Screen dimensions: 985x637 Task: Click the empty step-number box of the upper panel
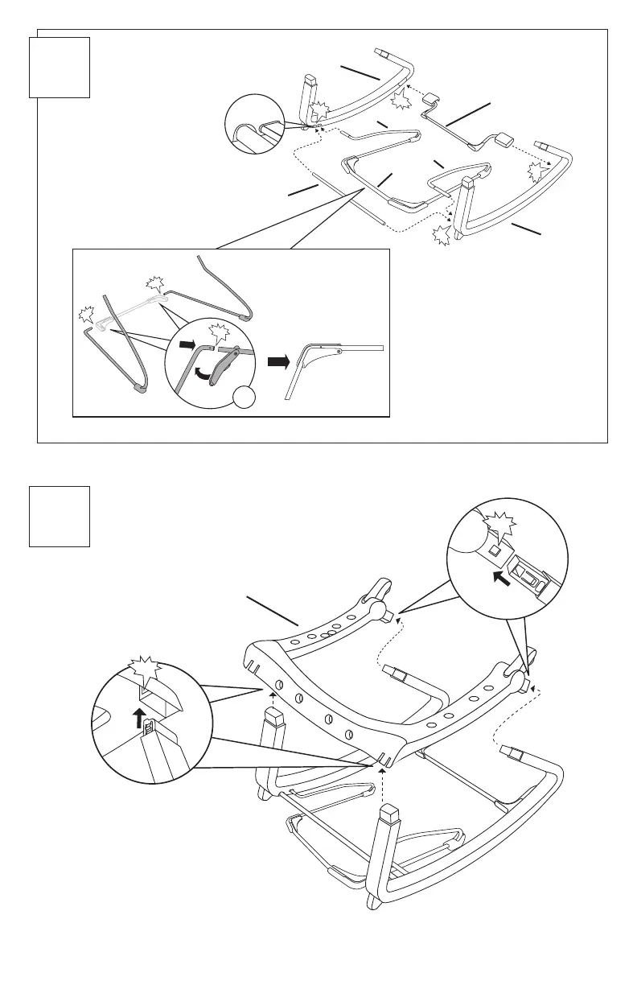point(60,67)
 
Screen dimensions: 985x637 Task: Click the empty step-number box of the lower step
point(60,516)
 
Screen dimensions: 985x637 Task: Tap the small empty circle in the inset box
point(245,397)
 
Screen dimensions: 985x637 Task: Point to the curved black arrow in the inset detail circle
point(199,372)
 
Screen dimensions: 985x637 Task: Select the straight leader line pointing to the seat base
point(273,610)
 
